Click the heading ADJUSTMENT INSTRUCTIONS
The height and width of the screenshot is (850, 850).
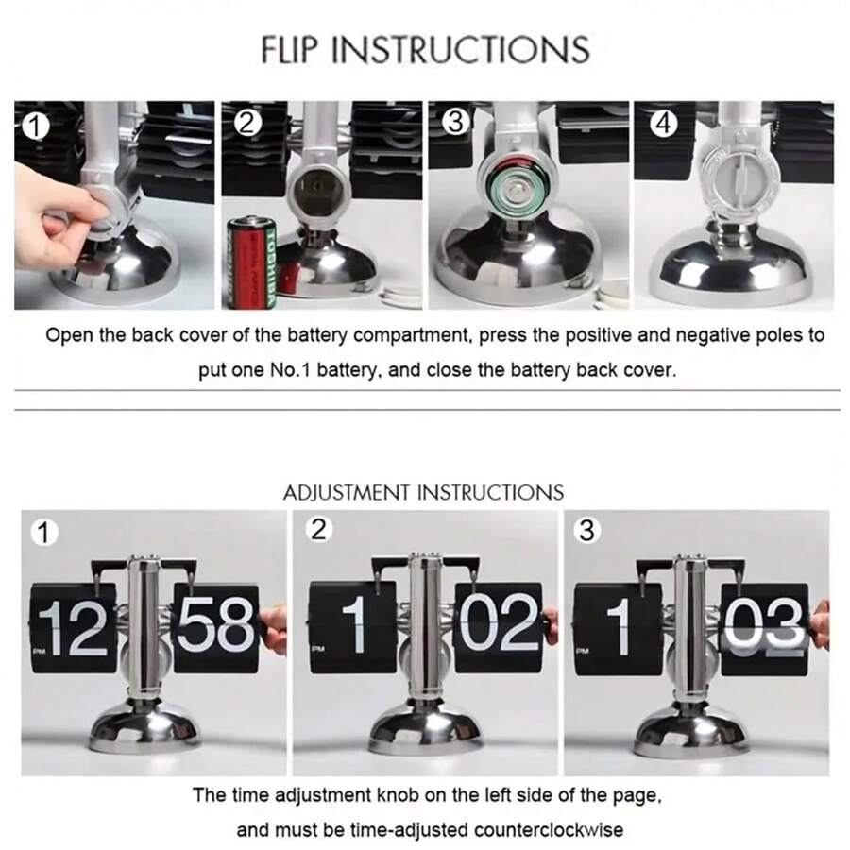(423, 492)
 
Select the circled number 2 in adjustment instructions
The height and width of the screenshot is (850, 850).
(318, 530)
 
